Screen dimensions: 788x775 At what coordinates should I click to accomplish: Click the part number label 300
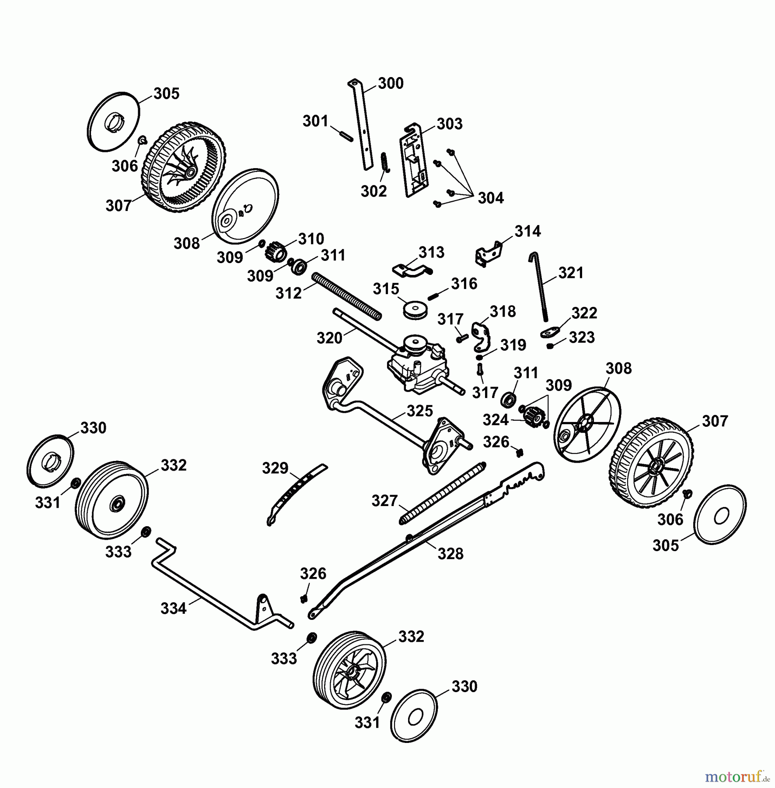391,83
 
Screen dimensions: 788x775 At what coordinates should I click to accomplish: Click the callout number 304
491,198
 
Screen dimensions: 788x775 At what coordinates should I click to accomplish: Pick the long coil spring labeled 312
347,296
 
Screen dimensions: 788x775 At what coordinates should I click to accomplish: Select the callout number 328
450,554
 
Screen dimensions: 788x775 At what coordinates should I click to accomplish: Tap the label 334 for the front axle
174,609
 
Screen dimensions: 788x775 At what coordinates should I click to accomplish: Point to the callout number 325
420,411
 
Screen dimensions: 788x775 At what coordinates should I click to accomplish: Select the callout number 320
329,338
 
